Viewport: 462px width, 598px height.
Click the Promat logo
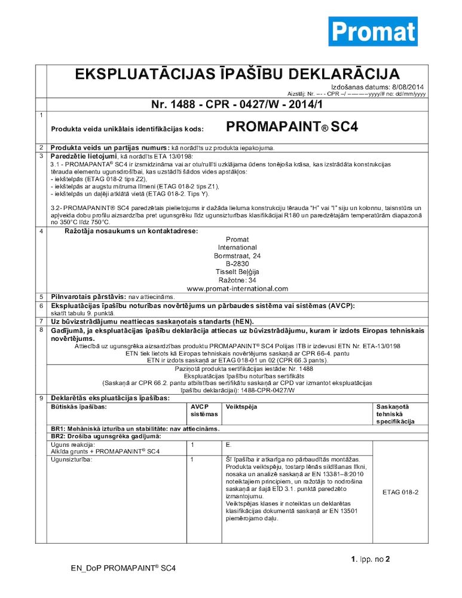pyautogui.click(x=372, y=31)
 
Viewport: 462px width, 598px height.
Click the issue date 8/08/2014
pyautogui.click(x=406, y=87)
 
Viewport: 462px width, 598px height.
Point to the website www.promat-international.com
pyautogui.click(x=237, y=288)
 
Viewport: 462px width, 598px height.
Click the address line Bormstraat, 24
pyautogui.click(x=237, y=255)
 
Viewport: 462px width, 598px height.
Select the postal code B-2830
pyautogui.click(x=237, y=263)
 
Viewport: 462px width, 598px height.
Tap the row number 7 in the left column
pyautogui.click(x=41, y=321)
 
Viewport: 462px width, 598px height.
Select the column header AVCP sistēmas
pyautogui.click(x=201, y=410)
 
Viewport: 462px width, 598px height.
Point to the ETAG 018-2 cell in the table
pyautogui.click(x=400, y=492)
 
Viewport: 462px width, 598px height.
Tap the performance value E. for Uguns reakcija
pyautogui.click(x=229, y=445)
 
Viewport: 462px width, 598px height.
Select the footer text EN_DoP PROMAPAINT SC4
pyautogui.click(x=123, y=568)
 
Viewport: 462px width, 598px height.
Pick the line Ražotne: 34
pyautogui.click(x=237, y=280)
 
